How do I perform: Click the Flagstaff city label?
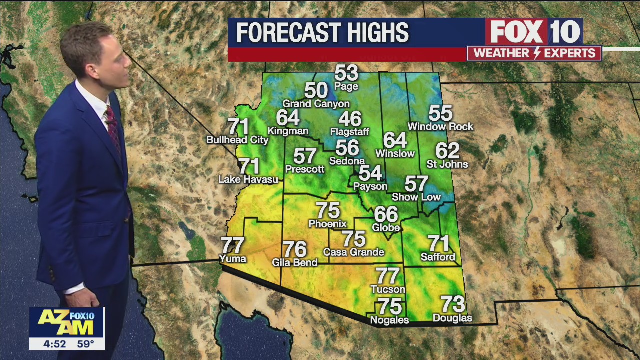(x=349, y=132)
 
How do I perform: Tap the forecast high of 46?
(x=350, y=119)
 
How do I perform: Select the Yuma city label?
(x=233, y=258)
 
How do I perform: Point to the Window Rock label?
(x=440, y=127)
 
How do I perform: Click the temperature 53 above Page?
(x=346, y=73)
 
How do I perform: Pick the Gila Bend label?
(x=295, y=262)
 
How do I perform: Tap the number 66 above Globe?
(x=386, y=214)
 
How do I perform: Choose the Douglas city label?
(x=452, y=318)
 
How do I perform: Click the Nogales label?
(x=389, y=320)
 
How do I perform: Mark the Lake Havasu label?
(x=248, y=179)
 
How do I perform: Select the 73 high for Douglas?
(x=452, y=304)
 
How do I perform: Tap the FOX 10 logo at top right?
(x=534, y=32)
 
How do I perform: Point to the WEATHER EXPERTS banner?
(x=534, y=53)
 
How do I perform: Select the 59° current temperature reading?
(x=85, y=344)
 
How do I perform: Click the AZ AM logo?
(x=66, y=322)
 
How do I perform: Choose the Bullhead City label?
(x=237, y=140)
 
